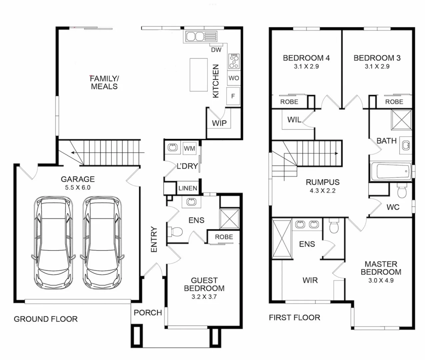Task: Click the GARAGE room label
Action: coord(78,179)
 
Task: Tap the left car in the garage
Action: coord(53,243)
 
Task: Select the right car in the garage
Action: coord(102,243)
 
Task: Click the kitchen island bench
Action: coord(198,75)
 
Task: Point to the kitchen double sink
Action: coord(195,37)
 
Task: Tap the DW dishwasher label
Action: coord(216,50)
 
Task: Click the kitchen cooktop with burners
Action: coord(234,61)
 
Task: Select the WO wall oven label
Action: coord(234,78)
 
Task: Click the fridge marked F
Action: coord(233,96)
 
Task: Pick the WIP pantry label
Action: coord(219,123)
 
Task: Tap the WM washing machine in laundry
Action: coord(189,148)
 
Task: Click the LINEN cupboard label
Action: coord(188,188)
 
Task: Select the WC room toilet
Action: coord(402,191)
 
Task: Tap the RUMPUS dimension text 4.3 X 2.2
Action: coord(323,191)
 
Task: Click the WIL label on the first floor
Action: coord(294,120)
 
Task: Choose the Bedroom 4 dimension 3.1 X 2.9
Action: coord(306,66)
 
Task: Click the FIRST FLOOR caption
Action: coord(294,318)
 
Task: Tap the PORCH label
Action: coord(148,313)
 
